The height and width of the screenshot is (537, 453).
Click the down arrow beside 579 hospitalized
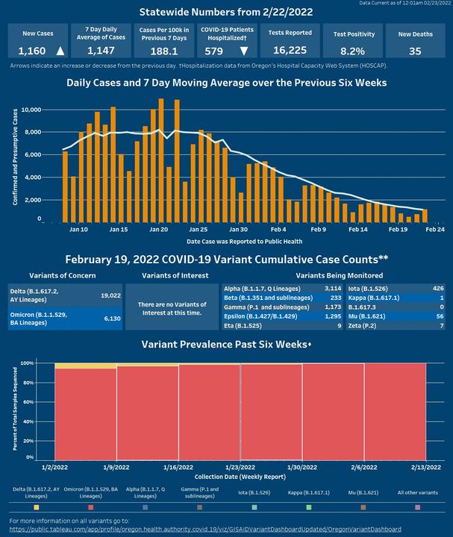click(x=244, y=51)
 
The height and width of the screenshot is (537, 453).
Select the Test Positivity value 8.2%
click(x=349, y=51)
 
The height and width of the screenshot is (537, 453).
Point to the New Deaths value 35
click(x=416, y=51)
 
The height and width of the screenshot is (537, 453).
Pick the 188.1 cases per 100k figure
click(x=163, y=51)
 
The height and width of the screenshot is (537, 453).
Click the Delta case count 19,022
click(x=110, y=295)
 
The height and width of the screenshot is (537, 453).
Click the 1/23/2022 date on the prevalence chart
click(x=240, y=466)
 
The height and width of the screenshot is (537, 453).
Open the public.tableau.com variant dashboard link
click(x=210, y=529)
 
